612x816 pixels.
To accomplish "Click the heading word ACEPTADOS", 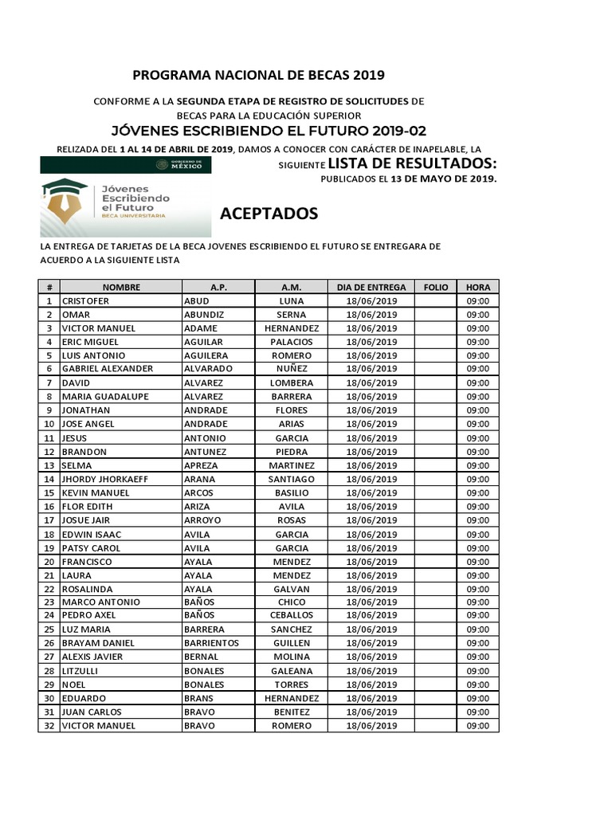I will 269,214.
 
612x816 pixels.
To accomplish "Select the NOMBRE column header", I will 121,287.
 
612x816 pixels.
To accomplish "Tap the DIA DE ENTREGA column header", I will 371,287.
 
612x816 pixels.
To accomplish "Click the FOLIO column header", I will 436,287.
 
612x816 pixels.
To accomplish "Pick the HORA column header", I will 478,287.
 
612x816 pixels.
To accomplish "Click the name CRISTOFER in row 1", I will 85,301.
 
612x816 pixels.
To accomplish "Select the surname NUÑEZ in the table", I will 292,369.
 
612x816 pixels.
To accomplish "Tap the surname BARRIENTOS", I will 211,642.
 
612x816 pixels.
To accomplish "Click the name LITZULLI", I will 80,671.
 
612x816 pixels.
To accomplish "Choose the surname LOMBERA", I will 292,383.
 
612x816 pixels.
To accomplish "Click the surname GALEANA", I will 292,671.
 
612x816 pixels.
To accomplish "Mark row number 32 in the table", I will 49,726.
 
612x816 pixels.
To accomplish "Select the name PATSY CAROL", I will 91,548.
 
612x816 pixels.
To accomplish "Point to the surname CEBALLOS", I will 292,615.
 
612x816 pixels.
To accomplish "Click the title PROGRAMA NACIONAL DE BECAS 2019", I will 258,76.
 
